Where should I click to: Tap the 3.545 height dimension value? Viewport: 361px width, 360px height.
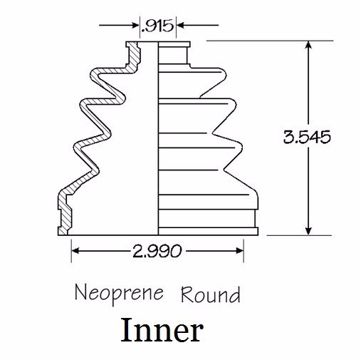[x=307, y=136]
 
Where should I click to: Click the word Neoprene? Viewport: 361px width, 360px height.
[x=118, y=292]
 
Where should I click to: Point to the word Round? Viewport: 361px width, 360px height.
[x=210, y=293]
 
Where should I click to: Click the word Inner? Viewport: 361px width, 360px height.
[x=162, y=331]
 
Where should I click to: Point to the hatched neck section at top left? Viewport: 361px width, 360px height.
[x=132, y=54]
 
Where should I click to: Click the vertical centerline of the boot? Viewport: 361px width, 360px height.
[x=157, y=143]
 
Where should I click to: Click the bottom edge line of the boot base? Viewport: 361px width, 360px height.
[x=157, y=235]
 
